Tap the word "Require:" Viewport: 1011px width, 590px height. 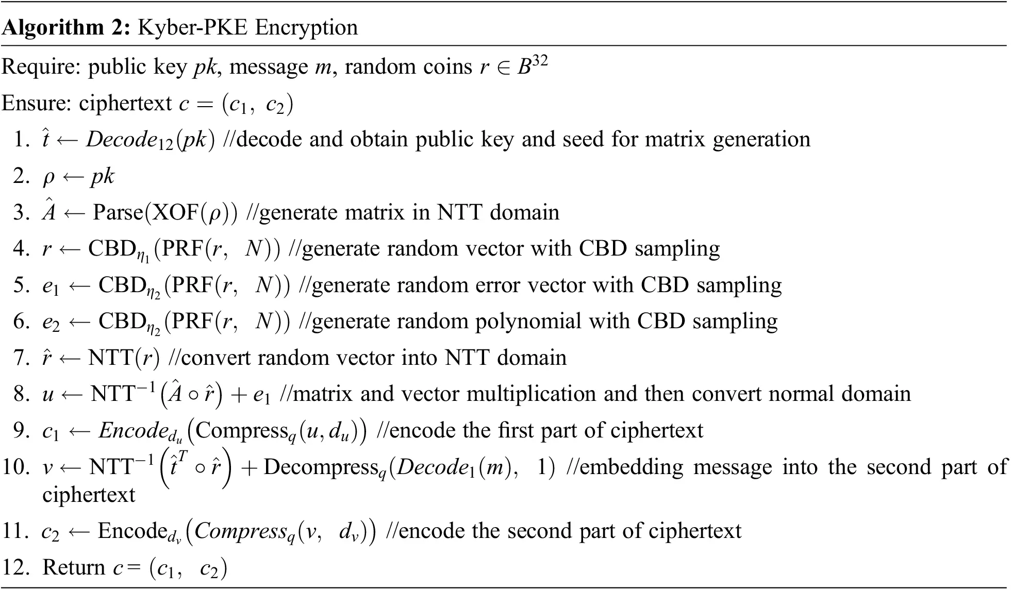(41, 67)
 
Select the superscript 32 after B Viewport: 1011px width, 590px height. (539, 61)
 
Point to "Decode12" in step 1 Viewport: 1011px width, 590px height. (129, 140)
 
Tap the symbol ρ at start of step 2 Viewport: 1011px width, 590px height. (48, 177)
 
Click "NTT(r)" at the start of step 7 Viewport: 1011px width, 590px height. (124, 358)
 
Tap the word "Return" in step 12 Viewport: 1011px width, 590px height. (74, 567)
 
